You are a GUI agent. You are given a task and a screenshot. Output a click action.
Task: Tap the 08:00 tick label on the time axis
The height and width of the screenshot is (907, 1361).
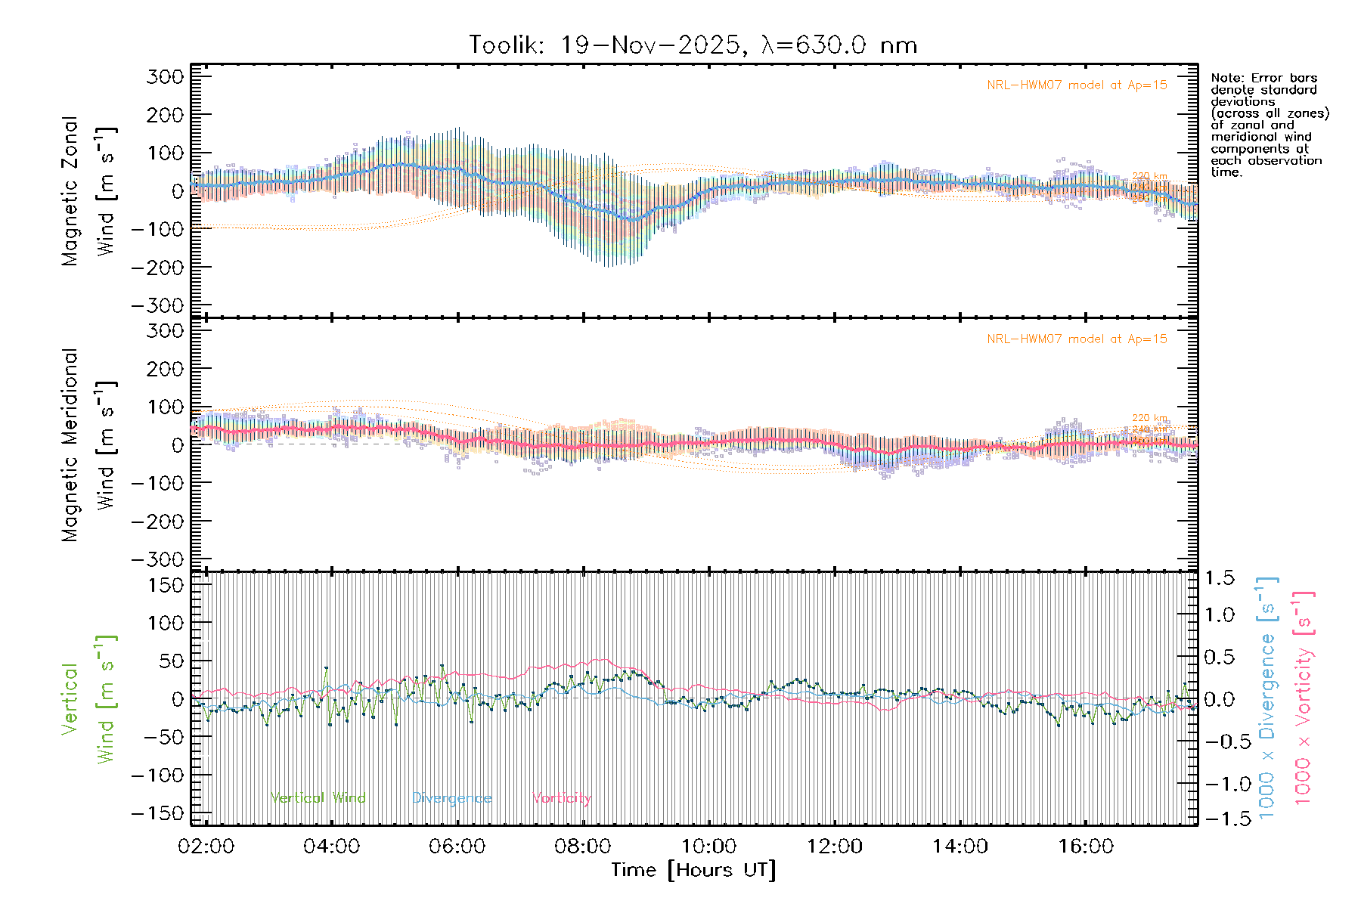pos(582,847)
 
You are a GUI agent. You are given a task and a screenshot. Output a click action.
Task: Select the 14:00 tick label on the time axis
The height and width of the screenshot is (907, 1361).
pos(960,847)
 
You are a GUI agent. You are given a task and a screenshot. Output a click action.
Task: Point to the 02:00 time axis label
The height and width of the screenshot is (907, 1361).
pos(206,847)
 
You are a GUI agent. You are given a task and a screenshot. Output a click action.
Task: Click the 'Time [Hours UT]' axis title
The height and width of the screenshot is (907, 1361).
pos(693,870)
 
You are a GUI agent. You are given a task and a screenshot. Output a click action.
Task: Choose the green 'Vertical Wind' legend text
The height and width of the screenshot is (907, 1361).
pos(318,798)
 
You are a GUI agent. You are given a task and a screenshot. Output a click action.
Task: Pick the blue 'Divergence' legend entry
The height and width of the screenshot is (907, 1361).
pos(451,798)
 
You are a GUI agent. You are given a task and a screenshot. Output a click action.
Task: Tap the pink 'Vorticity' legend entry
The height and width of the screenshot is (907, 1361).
pos(561,798)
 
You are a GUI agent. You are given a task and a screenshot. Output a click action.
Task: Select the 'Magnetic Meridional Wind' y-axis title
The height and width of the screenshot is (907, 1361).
pos(89,445)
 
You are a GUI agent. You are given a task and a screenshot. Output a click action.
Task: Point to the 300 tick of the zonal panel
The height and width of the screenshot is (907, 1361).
pos(166,76)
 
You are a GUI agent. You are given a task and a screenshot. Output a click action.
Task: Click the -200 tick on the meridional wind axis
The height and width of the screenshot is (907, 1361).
pos(158,522)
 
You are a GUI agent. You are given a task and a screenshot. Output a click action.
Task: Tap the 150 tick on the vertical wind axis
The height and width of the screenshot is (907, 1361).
pos(166,585)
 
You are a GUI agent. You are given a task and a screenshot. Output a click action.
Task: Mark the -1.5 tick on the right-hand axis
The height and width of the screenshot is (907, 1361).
pos(1219,818)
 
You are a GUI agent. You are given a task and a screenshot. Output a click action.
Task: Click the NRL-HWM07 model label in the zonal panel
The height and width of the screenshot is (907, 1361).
pos(1077,85)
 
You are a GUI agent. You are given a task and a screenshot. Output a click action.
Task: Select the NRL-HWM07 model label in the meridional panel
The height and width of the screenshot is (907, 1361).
pos(1077,339)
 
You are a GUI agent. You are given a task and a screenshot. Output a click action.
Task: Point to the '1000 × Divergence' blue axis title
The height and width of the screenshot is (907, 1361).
pos(1267,698)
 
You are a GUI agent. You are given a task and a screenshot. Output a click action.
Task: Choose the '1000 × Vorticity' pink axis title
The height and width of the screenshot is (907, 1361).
pos(1303,698)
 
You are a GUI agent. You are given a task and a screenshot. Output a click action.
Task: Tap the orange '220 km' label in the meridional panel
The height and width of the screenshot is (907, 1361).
pos(1149,418)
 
